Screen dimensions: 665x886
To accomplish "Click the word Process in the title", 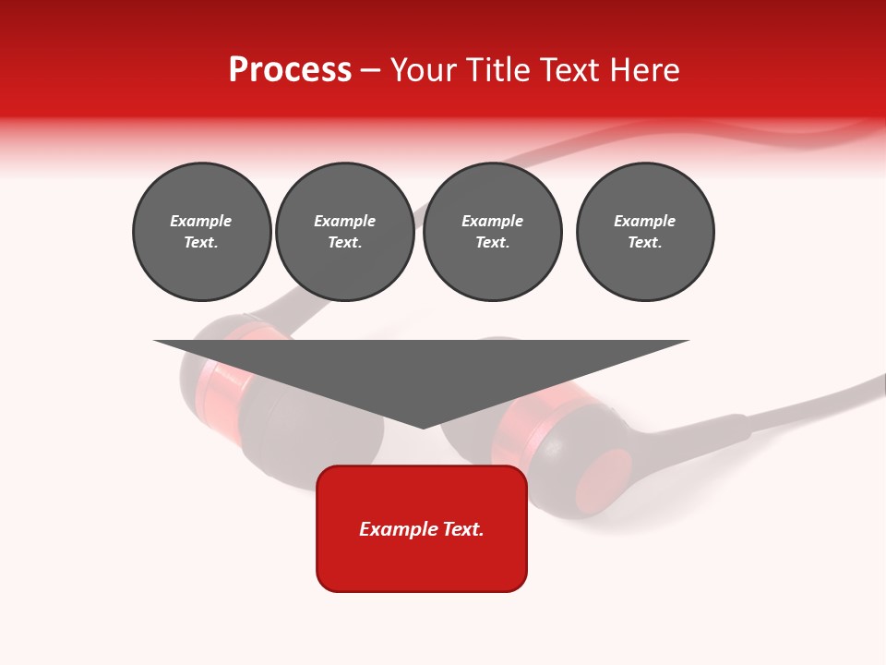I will (290, 70).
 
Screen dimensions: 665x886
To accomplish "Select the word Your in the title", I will (424, 70).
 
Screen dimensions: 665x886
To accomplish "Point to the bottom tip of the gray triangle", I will (423, 428).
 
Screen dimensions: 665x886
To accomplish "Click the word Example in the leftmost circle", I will (201, 222).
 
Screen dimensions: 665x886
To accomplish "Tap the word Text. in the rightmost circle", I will (644, 243).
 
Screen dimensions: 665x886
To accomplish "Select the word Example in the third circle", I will (492, 222).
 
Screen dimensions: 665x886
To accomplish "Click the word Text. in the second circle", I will (344, 243).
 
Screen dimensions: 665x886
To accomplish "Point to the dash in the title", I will (370, 70).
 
